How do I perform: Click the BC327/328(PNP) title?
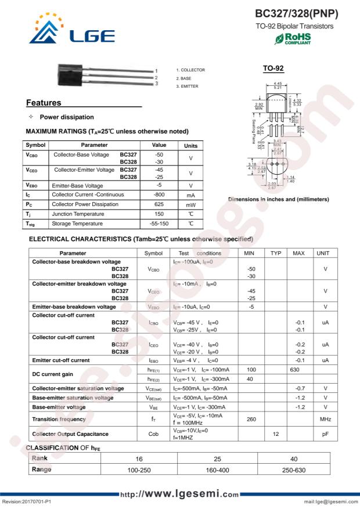click(x=296, y=13)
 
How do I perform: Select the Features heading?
click(x=44, y=103)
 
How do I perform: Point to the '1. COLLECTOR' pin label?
click(x=190, y=70)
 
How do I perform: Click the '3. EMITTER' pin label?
click(x=186, y=86)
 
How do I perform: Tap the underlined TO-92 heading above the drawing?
click(x=272, y=68)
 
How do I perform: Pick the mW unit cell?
click(x=190, y=204)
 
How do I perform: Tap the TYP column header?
click(x=275, y=253)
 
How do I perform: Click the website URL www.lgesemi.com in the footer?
click(x=179, y=494)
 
